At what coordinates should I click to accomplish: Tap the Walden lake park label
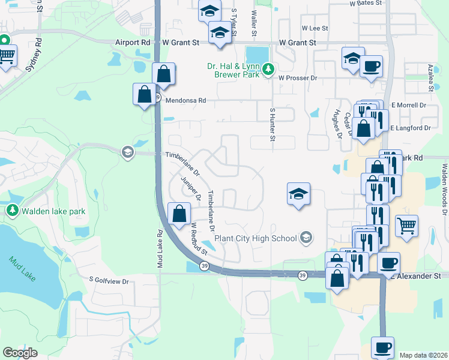click(x=53, y=211)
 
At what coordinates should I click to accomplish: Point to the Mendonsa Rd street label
click(x=185, y=101)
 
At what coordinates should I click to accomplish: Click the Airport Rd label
click(x=132, y=43)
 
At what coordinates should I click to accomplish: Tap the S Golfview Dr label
click(x=109, y=280)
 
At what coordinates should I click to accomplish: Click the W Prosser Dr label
click(x=297, y=78)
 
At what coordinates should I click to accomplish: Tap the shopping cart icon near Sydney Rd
click(x=6, y=56)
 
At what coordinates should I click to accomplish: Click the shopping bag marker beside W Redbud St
click(x=179, y=214)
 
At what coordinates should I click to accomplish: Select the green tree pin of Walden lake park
click(x=12, y=211)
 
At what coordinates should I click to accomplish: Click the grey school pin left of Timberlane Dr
click(x=127, y=152)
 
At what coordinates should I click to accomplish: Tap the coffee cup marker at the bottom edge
click(x=382, y=347)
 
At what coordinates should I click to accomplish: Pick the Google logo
click(x=20, y=353)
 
